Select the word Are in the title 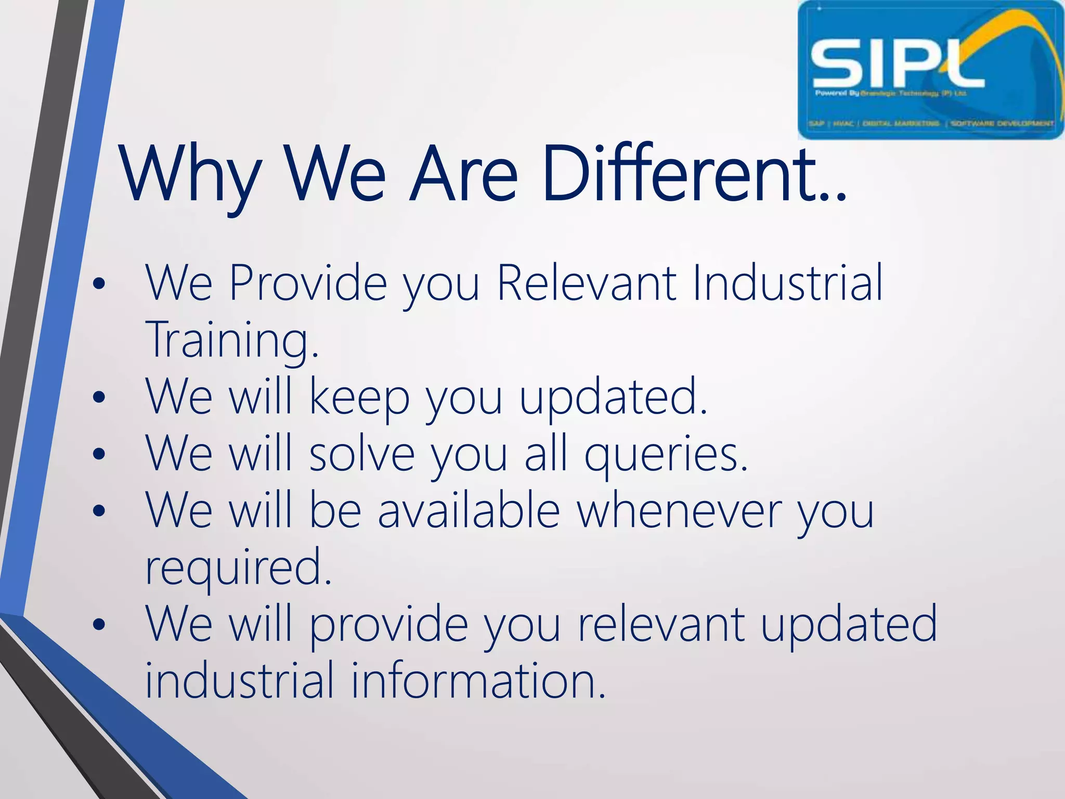[x=463, y=174]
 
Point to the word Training [x=231, y=341]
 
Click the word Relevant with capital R [x=587, y=283]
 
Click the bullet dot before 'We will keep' [x=98, y=398]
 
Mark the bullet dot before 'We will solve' [x=98, y=455]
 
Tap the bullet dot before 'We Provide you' [x=98, y=284]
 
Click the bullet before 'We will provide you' [x=98, y=624]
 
